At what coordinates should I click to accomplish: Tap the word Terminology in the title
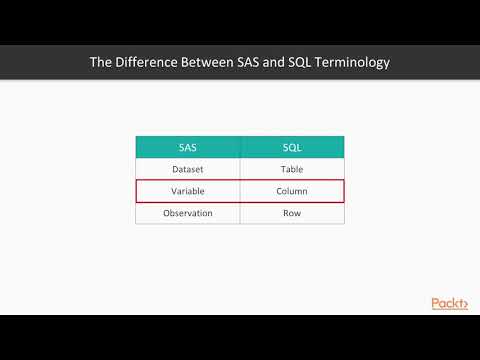(346, 63)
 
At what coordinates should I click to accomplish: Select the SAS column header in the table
(187, 147)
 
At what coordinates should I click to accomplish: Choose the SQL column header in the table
(292, 147)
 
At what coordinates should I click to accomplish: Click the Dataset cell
(187, 169)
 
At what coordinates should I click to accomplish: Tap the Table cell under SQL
(292, 169)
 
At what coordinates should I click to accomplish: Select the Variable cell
(187, 191)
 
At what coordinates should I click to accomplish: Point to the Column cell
(292, 191)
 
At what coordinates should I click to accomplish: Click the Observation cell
(187, 213)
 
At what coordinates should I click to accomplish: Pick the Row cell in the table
(292, 213)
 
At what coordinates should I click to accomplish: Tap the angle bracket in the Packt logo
(466, 303)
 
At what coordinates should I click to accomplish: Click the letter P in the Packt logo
(436, 303)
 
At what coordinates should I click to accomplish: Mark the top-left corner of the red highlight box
(136, 181)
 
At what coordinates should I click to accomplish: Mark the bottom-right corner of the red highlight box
(344, 202)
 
